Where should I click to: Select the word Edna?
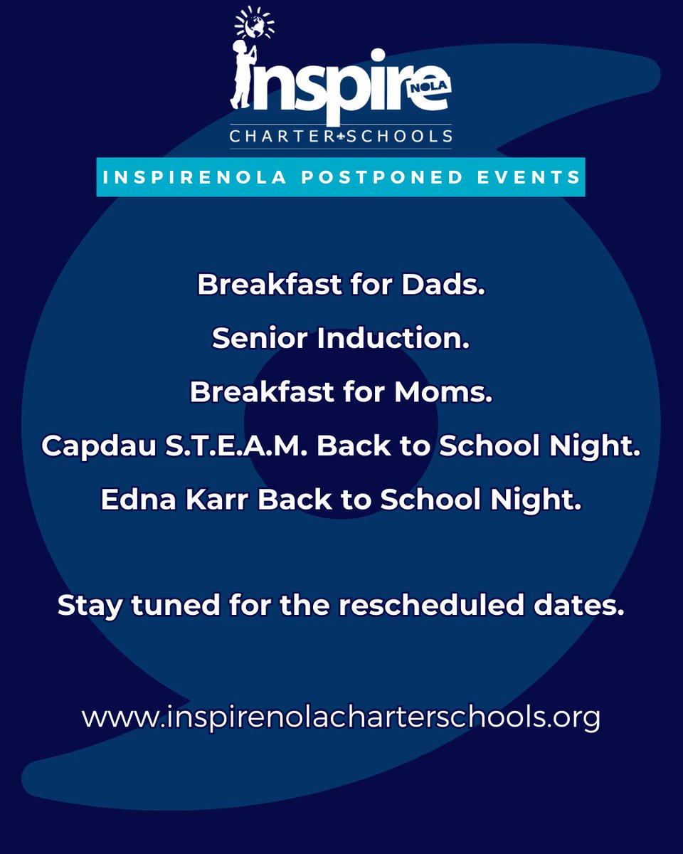click(138, 500)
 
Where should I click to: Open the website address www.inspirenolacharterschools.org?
click(341, 717)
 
